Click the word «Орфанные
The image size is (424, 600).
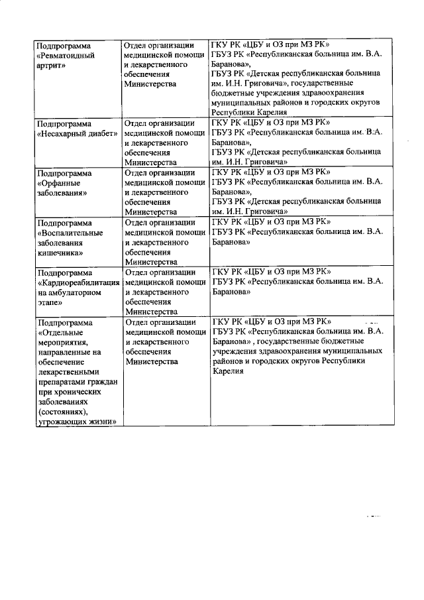pyautogui.click(x=60, y=182)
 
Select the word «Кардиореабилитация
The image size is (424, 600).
pyautogui.click(x=78, y=282)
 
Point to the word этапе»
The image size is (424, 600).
pyautogui.click(x=50, y=302)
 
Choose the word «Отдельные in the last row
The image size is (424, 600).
pyautogui.click(x=60, y=332)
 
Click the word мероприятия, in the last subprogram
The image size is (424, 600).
pyautogui.click(x=64, y=342)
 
